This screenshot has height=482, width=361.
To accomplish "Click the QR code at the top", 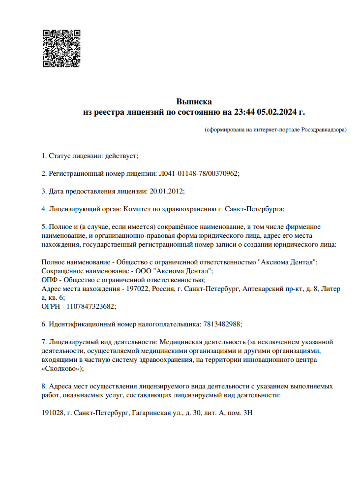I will pos(61,49).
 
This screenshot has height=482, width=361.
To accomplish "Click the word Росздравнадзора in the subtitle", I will pos(325,129).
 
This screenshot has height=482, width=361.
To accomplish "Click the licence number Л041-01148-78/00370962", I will pos(198,173).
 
